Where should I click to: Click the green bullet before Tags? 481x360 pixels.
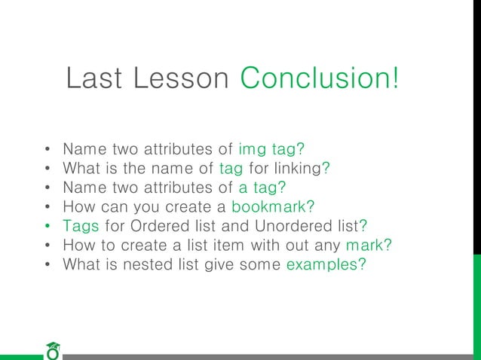tap(47, 226)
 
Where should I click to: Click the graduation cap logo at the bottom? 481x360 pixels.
tap(52, 350)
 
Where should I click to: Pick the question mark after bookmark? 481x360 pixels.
tap(310, 206)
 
